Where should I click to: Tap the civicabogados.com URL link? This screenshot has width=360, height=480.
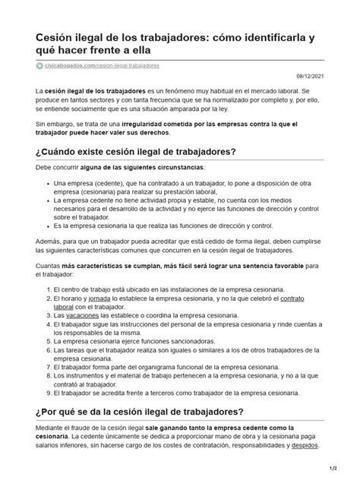(95, 67)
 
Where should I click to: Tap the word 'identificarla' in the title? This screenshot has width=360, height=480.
(269, 37)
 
